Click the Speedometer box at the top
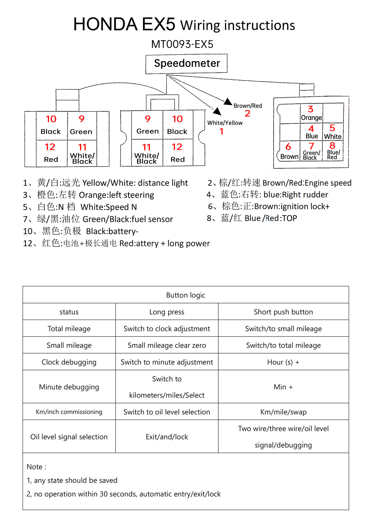tap(186, 64)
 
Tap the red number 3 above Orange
tap(310, 109)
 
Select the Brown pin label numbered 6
tap(289, 156)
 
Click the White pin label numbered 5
tap(333, 136)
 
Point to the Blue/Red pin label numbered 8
tap(333, 154)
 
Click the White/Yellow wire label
tap(225, 123)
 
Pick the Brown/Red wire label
tap(248, 106)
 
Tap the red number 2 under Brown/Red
tap(247, 114)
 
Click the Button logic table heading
tap(186, 295)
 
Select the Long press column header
tap(167, 312)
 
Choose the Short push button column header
tap(284, 312)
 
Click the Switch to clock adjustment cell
tap(167, 329)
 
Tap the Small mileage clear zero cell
tap(167, 345)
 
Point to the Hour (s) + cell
tap(284, 362)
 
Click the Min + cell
tap(284, 387)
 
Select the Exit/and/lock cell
tap(167, 437)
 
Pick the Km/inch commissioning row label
tap(69, 412)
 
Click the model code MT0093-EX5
tap(183, 44)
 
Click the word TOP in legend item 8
tap(289, 218)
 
